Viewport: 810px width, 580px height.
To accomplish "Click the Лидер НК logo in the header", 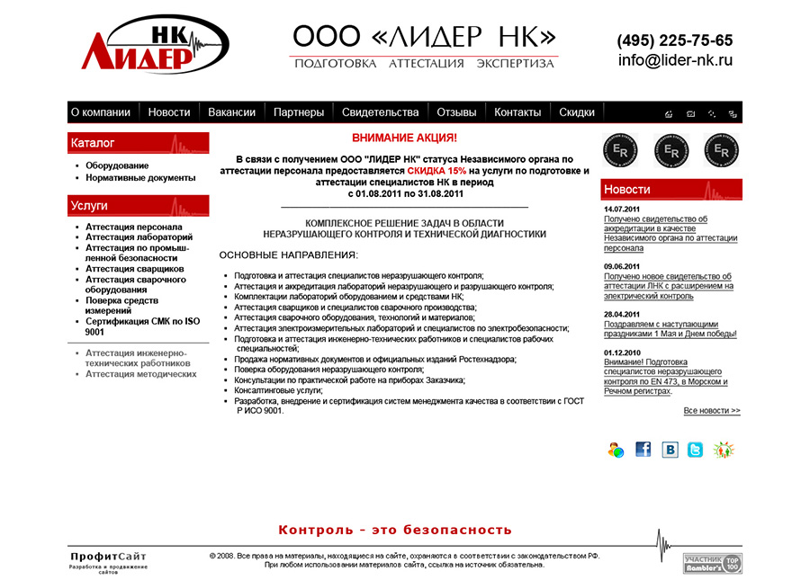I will point(153,45).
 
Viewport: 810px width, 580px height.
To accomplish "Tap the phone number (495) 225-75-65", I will point(674,40).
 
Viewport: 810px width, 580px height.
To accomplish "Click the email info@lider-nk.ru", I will point(675,61).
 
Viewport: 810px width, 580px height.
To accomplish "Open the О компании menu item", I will point(100,112).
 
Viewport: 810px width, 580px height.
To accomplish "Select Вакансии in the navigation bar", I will point(231,112).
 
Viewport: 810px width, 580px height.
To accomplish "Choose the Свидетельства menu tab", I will point(380,112).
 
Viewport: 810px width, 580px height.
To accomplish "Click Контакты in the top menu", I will point(517,112).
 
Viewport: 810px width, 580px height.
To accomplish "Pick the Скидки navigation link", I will point(577,112).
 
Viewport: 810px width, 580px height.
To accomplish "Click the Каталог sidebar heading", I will point(93,143).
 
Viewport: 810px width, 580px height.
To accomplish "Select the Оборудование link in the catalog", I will point(117,165).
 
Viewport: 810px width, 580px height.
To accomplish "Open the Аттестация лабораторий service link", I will point(139,237).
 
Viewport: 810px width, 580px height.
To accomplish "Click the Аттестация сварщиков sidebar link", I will point(134,269).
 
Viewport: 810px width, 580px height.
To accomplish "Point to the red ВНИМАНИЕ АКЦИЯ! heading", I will point(404,138).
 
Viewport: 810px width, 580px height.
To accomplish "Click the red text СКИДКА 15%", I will point(436,170).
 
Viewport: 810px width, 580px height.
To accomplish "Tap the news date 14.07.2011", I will point(622,210).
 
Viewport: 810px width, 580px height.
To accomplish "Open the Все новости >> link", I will point(711,411).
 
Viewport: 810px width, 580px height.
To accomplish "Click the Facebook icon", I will point(643,450).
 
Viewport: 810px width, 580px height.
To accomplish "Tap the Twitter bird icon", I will point(695,450).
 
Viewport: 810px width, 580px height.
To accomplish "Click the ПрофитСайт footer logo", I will point(108,557).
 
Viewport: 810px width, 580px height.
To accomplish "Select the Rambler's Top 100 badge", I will point(712,564).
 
